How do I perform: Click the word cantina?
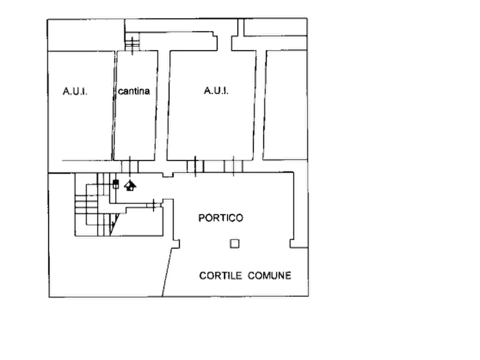134,91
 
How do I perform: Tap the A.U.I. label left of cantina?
75,91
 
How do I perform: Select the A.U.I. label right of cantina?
216,91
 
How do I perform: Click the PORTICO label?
221,218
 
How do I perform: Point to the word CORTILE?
220,276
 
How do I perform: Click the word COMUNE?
269,276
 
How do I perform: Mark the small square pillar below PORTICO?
234,244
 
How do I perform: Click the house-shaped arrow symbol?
130,185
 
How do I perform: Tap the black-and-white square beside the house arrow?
116,184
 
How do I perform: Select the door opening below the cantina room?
130,167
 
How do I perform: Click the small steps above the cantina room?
132,42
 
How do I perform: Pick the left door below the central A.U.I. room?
195,167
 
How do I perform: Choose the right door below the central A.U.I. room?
233,167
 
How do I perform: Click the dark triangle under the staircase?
114,224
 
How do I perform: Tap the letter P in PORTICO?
201,218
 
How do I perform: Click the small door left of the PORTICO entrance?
154,205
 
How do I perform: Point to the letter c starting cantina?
120,91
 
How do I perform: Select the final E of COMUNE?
288,276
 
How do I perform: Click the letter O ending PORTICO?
240,218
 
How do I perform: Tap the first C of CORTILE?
202,276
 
